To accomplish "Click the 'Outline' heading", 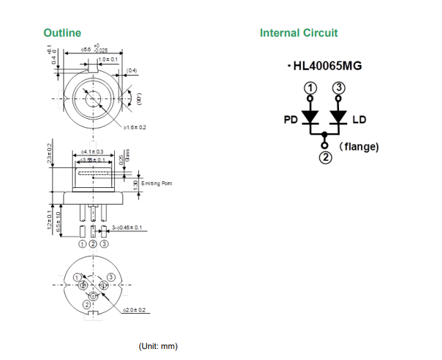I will [x=62, y=32].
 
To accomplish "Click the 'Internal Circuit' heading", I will [x=299, y=32].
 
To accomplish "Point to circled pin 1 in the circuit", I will [x=311, y=88].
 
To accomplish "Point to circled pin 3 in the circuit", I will [x=338, y=88].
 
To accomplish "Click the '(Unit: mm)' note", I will [x=158, y=345].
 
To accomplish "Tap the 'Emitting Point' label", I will [x=156, y=183].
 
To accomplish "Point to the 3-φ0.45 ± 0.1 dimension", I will [x=127, y=227].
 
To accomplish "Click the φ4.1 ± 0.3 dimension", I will [x=92, y=151].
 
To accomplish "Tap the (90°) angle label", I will [x=138, y=101].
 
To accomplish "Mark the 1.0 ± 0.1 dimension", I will [x=108, y=60].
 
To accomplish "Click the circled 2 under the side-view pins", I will [x=93, y=244].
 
